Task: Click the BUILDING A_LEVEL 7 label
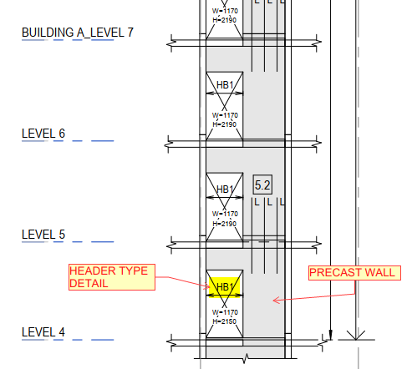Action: point(78,33)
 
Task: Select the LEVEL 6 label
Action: point(43,134)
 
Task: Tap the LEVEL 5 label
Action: point(43,235)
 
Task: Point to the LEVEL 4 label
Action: point(43,332)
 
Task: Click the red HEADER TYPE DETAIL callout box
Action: point(112,277)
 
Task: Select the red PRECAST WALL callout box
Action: point(354,273)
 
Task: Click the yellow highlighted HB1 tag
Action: point(225,287)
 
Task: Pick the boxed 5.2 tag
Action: point(262,184)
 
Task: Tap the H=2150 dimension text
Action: point(225,321)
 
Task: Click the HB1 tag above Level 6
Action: point(225,85)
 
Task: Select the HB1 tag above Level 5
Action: point(225,190)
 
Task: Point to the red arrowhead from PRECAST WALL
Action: point(276,301)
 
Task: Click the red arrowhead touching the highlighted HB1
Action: point(207,286)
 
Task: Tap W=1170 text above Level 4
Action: point(225,312)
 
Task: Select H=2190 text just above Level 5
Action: point(225,224)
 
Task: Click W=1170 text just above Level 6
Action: point(225,115)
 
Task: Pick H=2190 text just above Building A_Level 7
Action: point(225,20)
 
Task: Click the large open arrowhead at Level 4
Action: point(356,335)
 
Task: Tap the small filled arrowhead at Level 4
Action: point(331,335)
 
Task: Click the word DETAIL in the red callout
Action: point(89,284)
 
